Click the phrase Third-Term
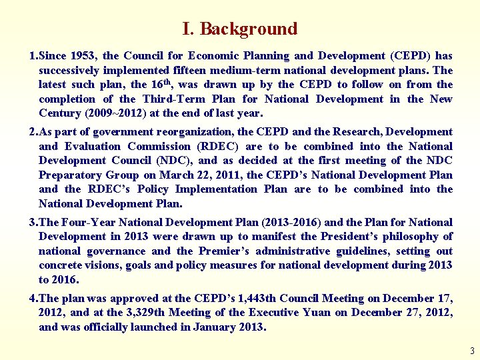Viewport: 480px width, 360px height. [x=175, y=99]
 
